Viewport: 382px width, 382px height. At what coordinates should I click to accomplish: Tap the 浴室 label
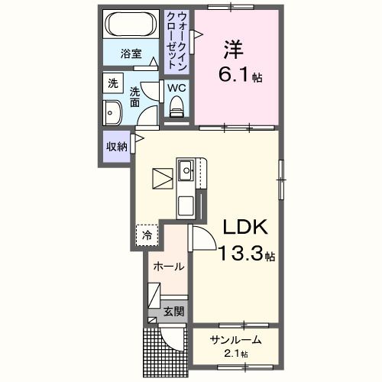pos(131,53)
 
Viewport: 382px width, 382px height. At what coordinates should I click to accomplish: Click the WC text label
pos(176,88)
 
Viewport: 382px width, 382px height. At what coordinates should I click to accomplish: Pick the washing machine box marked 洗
pos(112,83)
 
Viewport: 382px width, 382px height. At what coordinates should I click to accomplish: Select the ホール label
pos(167,267)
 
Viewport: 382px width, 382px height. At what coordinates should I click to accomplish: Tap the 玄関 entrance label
pos(173,312)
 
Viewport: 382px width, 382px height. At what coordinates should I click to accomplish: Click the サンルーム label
pos(236,340)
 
